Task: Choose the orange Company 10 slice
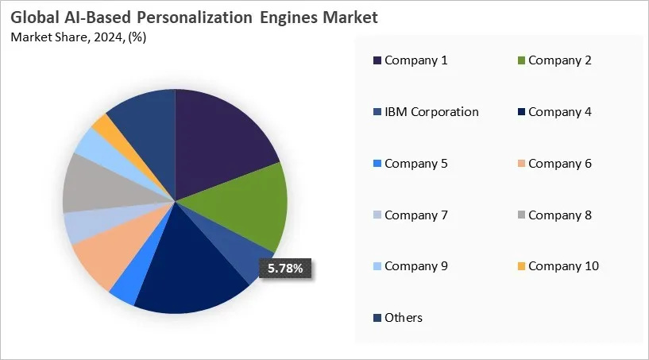click(102, 125)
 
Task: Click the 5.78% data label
click(285, 269)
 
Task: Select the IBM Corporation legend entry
click(431, 112)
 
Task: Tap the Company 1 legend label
click(416, 60)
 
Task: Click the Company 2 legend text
click(560, 60)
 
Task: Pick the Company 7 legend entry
click(416, 215)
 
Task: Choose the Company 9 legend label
click(416, 266)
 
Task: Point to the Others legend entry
click(404, 318)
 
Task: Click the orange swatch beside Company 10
click(520, 266)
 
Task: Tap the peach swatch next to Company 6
click(520, 164)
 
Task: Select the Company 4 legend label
click(560, 112)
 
